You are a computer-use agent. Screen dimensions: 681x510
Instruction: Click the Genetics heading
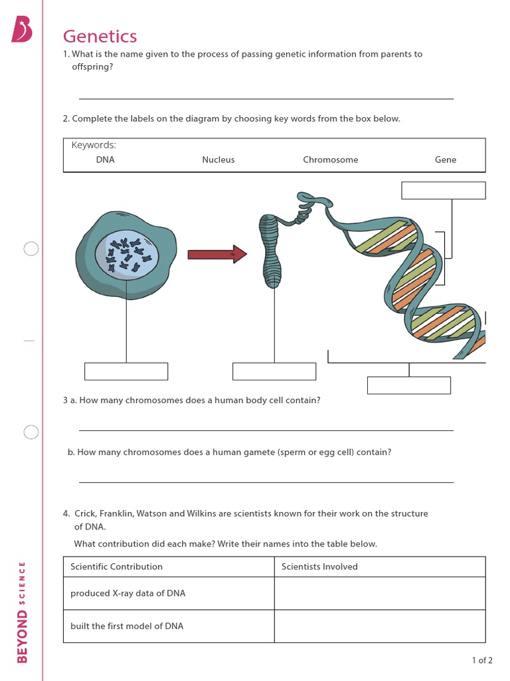[100, 36]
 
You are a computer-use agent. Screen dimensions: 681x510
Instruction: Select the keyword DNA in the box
[105, 160]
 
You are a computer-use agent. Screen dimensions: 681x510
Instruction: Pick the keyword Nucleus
[218, 160]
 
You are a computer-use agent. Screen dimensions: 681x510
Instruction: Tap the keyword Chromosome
[330, 160]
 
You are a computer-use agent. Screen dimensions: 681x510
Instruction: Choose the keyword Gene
[445, 160]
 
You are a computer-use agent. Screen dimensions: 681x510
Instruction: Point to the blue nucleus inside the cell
[126, 255]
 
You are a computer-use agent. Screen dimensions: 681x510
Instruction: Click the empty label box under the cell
[126, 371]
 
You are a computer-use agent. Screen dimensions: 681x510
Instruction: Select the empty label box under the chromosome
[274, 371]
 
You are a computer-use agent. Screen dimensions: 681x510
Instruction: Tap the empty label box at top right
[443, 190]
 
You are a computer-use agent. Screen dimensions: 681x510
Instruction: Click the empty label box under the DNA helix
[408, 385]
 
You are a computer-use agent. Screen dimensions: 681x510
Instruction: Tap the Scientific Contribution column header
[116, 567]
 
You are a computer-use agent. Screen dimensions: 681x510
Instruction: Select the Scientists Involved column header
[319, 567]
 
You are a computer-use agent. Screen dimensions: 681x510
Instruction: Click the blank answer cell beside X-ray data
[379, 593]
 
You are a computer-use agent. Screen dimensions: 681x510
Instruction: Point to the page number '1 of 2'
[482, 660]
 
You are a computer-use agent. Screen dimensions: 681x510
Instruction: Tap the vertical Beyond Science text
[23, 612]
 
